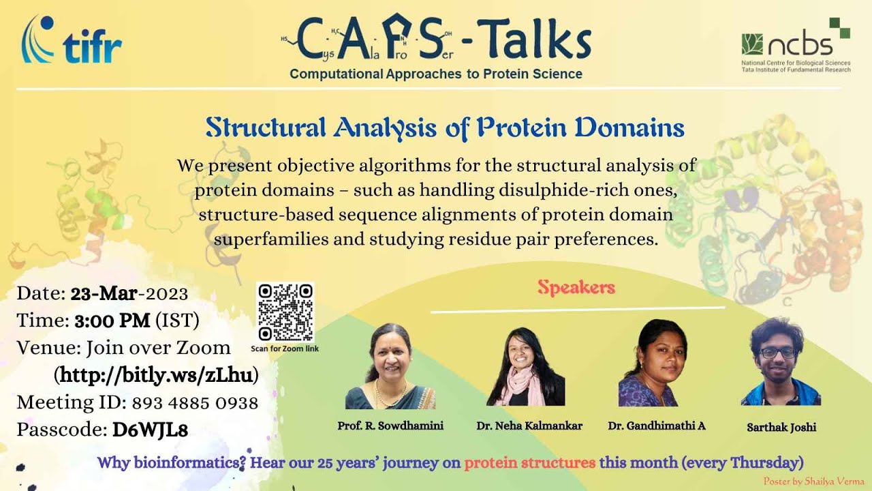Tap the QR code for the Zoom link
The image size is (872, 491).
pyautogui.click(x=285, y=312)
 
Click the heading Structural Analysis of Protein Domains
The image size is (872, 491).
pyautogui.click(x=445, y=128)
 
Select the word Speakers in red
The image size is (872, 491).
pyautogui.click(x=576, y=287)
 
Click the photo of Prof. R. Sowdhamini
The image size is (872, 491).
pyautogui.click(x=390, y=366)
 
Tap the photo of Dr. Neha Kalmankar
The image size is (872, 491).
pyautogui.click(x=525, y=367)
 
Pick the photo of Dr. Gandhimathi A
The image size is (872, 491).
pyautogui.click(x=653, y=363)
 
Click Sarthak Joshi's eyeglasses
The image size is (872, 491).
pyautogui.click(x=778, y=353)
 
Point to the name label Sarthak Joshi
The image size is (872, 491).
pyautogui.click(x=781, y=428)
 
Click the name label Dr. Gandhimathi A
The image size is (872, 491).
pyautogui.click(x=657, y=426)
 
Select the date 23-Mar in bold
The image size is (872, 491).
pyautogui.click(x=104, y=294)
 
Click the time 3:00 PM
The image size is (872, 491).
pyautogui.click(x=110, y=321)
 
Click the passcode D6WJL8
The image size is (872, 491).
pyautogui.click(x=150, y=430)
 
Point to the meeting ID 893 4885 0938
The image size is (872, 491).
pyautogui.click(x=195, y=402)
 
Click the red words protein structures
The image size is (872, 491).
pyautogui.click(x=529, y=463)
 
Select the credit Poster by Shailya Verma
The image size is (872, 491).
pyautogui.click(x=813, y=481)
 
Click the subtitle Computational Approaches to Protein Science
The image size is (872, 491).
pyautogui.click(x=436, y=74)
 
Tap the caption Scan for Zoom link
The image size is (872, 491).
pyautogui.click(x=285, y=348)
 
